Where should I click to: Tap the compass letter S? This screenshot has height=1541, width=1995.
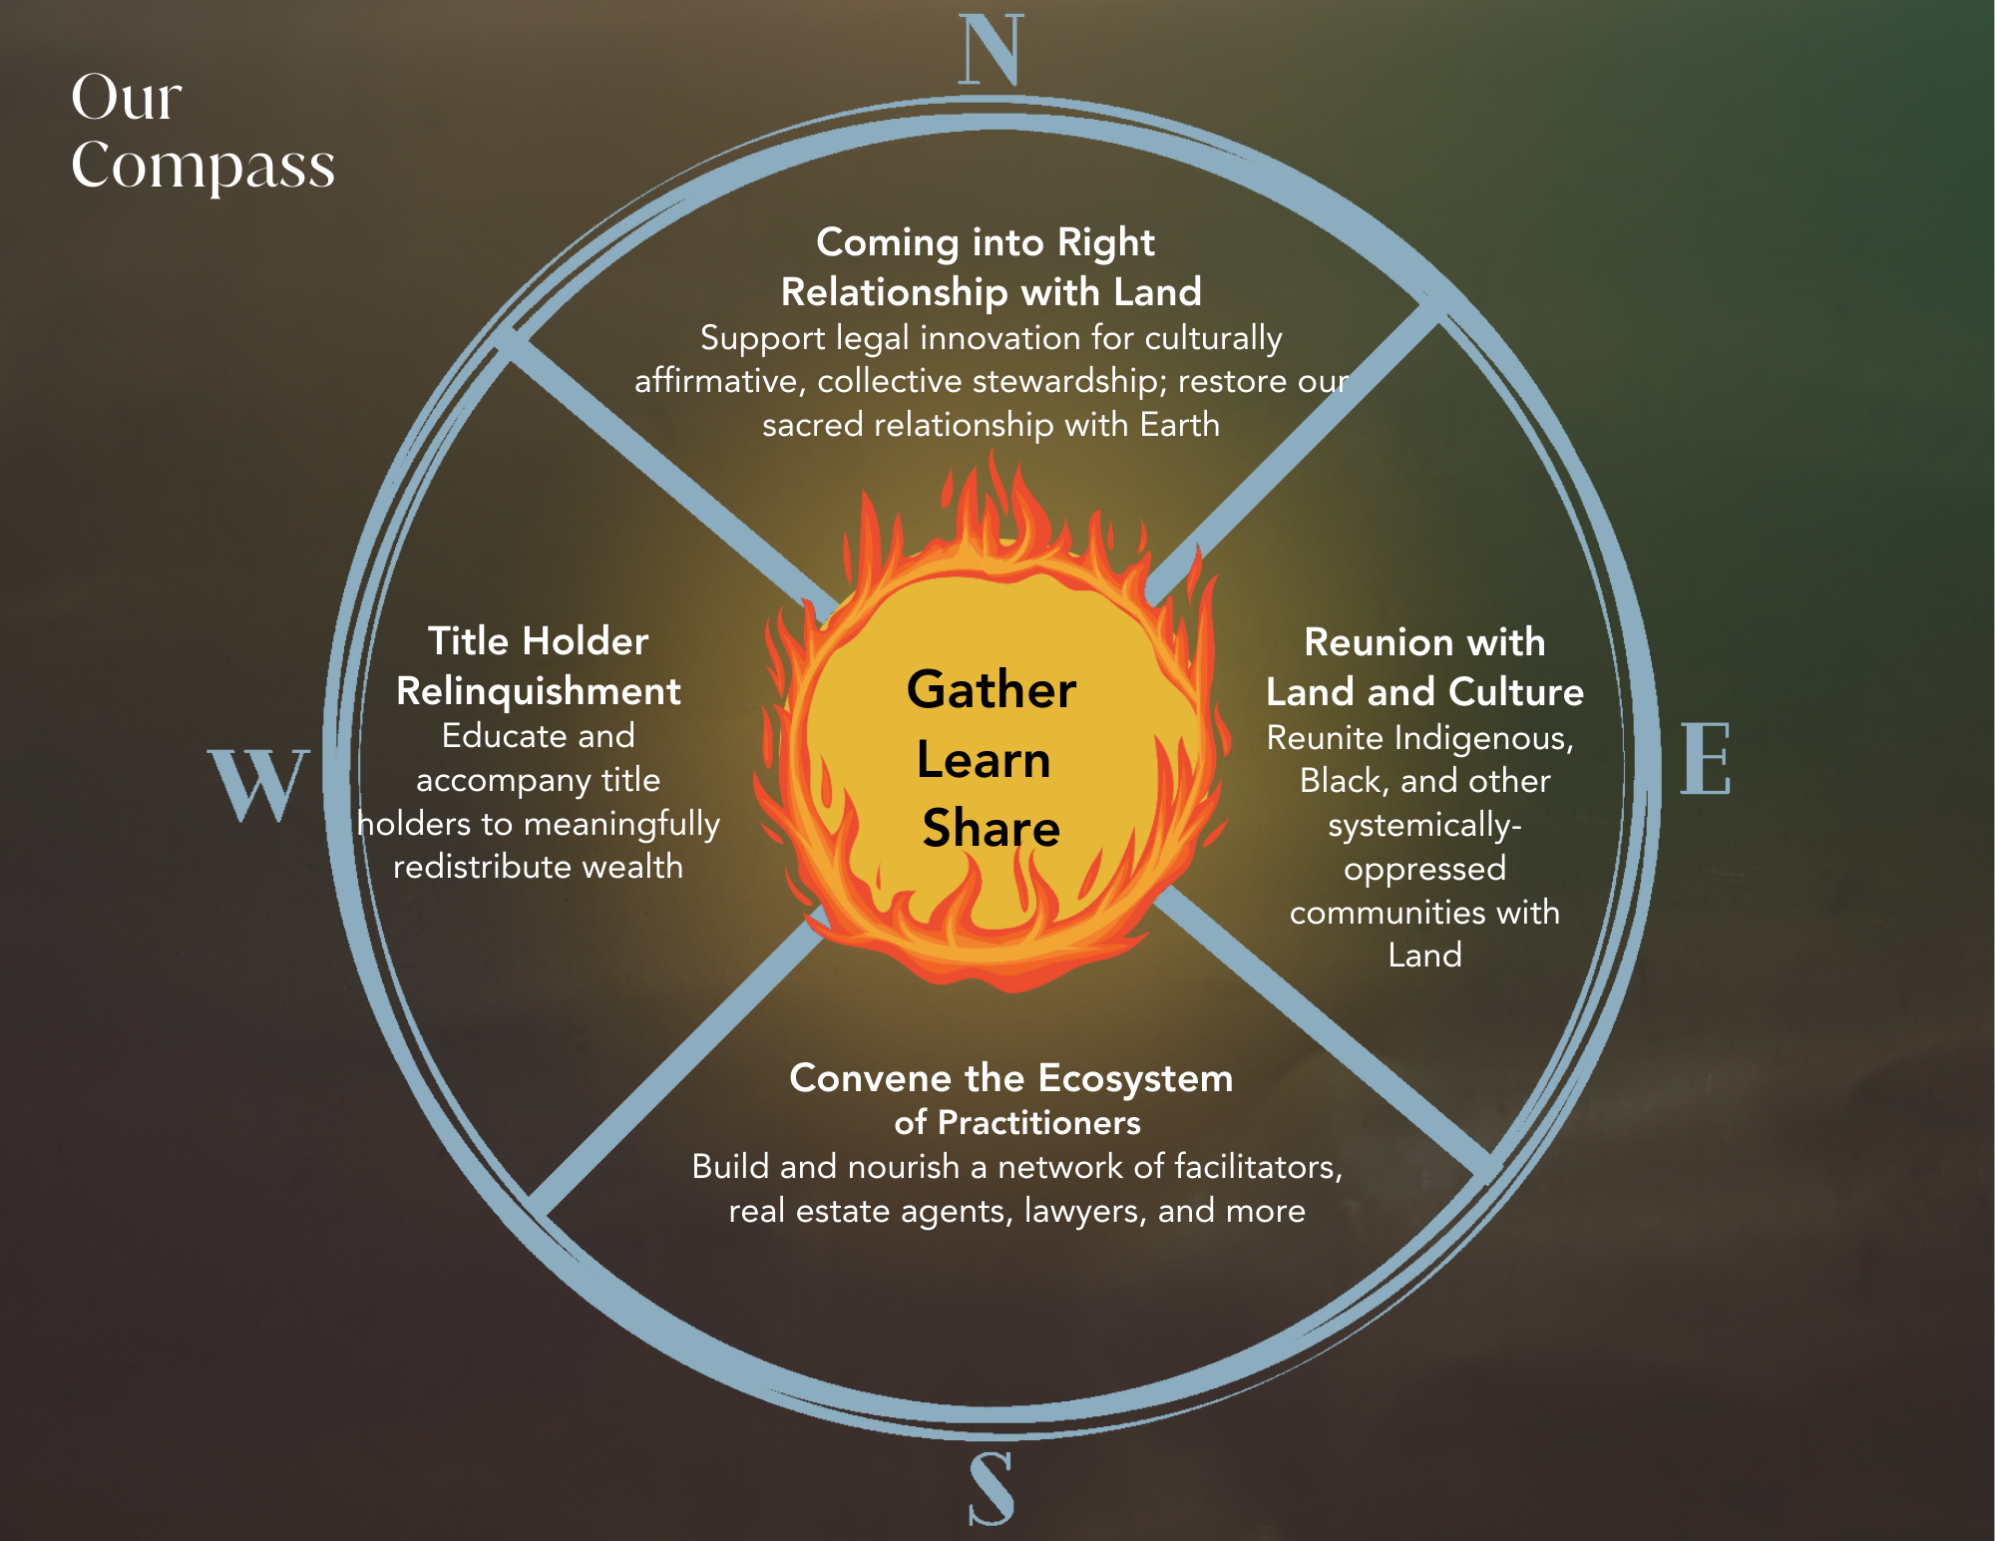coord(992,1488)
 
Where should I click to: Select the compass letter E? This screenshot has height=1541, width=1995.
coord(1705,759)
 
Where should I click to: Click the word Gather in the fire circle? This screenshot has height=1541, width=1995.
coord(992,689)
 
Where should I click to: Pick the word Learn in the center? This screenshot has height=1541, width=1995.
coord(984,760)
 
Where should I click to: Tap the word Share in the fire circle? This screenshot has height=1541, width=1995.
coord(991,829)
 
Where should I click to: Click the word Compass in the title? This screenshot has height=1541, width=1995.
coord(202,165)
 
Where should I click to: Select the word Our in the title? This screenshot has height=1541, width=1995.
coord(127,98)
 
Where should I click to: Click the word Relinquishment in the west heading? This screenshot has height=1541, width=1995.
coord(539,691)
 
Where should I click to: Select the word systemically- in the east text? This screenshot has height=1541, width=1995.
coord(1424,826)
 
